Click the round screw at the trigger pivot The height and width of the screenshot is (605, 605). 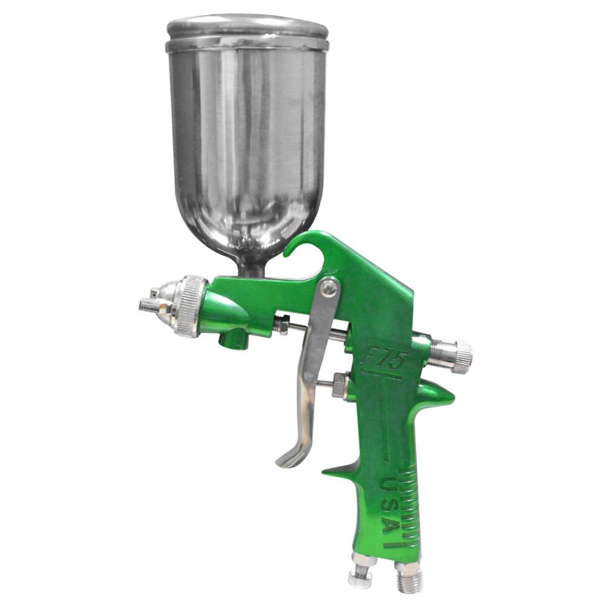pos(329,289)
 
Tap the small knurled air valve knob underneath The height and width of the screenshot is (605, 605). pos(359,577)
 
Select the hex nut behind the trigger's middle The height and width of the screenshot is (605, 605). pos(339,385)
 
